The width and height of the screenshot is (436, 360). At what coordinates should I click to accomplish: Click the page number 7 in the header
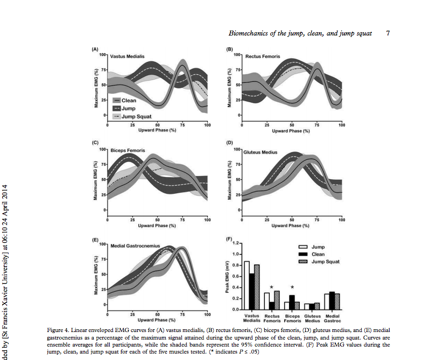click(x=388, y=33)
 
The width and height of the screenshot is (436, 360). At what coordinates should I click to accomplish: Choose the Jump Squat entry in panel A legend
click(x=137, y=116)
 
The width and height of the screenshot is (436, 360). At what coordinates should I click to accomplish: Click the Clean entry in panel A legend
click(x=129, y=101)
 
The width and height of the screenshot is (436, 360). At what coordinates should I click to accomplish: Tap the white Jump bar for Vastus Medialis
click(x=247, y=285)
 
